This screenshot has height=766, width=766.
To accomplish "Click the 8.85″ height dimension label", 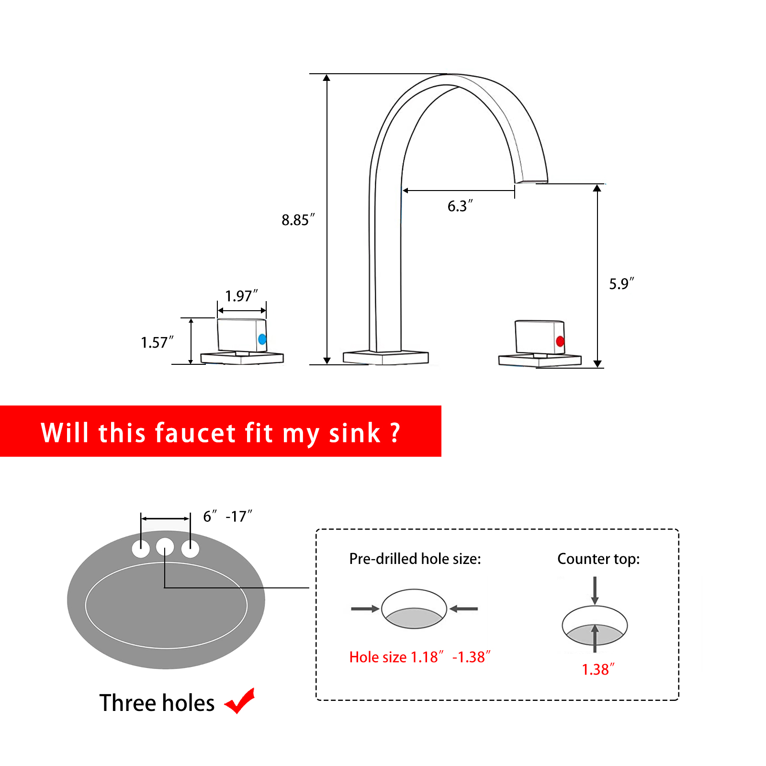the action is (298, 220).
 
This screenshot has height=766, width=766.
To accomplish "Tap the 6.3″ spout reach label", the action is (460, 206).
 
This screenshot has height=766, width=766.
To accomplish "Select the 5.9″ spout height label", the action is (621, 283).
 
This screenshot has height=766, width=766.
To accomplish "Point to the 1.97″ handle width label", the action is (241, 296).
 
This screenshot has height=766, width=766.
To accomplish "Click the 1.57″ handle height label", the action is (157, 342).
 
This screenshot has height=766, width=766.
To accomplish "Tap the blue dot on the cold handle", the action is (262, 339).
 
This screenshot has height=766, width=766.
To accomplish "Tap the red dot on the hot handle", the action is (560, 341).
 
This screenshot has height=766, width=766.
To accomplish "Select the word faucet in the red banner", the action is (196, 433).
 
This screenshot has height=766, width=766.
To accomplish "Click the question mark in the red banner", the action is (395, 433).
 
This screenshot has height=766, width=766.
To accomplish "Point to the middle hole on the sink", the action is (165, 547).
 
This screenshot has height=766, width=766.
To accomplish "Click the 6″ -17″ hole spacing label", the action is (227, 516).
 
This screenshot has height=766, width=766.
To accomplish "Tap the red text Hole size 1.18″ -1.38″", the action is (420, 657).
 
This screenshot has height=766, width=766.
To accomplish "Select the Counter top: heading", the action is (598, 559).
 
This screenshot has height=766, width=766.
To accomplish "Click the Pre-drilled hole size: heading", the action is (415, 559).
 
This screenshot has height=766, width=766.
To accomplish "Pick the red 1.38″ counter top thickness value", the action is (598, 669).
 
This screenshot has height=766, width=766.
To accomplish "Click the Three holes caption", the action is (157, 703).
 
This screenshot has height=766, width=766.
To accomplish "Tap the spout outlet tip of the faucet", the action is (531, 181).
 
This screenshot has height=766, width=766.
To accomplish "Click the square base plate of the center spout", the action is (385, 358).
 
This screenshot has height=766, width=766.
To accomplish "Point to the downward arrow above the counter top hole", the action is (595, 590).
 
